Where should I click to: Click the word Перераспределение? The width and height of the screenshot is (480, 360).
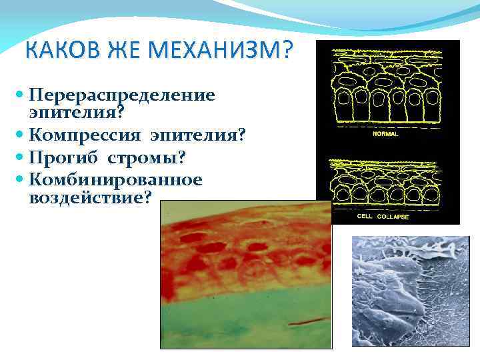coord(123,95)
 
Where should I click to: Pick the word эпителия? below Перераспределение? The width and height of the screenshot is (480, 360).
coord(69,114)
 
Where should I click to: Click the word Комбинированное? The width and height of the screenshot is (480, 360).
coord(116,179)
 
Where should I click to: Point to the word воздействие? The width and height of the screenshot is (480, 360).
coord(91,198)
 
